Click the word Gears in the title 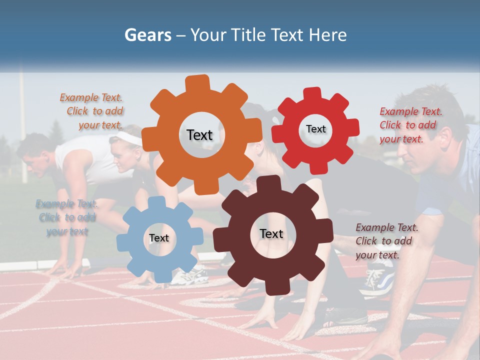[x=147, y=35]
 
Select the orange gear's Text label [x=199, y=135]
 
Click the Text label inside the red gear [x=315, y=129]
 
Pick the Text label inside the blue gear [x=158, y=238]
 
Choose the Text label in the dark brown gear [x=271, y=233]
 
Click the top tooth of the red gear [x=312, y=93]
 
